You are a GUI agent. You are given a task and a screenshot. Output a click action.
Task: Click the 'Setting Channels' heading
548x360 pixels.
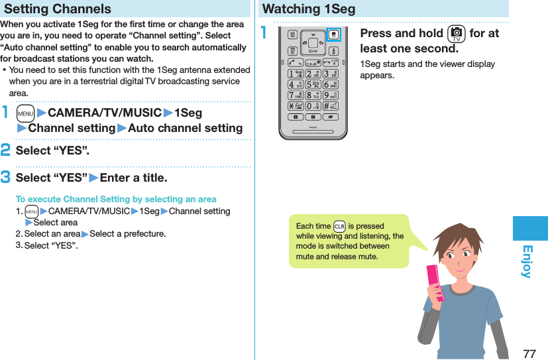pyautogui.click(x=58, y=9)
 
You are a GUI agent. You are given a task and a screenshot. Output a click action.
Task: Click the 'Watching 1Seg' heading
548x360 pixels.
pyautogui.click(x=309, y=9)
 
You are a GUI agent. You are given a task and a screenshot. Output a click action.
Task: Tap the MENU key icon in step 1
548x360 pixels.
pyautogui.click(x=26, y=113)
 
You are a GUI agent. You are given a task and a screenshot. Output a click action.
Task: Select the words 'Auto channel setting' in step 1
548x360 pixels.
pyautogui.click(x=185, y=128)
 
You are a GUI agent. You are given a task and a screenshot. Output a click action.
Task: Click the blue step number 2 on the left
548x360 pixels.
pyautogui.click(x=6, y=150)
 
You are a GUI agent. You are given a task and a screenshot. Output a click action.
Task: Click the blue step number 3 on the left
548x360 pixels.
pyautogui.click(x=6, y=178)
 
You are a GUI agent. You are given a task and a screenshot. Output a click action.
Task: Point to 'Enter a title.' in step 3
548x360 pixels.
pyautogui.click(x=133, y=178)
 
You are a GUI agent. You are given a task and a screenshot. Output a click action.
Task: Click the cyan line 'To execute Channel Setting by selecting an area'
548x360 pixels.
pyautogui.click(x=116, y=199)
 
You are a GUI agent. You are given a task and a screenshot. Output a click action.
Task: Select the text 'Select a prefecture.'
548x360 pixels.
pyautogui.click(x=127, y=233)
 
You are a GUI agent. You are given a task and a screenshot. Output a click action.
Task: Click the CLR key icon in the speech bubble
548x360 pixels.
pyautogui.click(x=340, y=226)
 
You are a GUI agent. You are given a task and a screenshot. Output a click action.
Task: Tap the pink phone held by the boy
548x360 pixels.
pyautogui.click(x=434, y=282)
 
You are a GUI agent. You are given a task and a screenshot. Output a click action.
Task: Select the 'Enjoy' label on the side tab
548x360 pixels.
pyautogui.click(x=529, y=261)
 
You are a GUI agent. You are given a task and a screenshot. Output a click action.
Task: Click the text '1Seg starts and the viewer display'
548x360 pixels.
pyautogui.click(x=427, y=64)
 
